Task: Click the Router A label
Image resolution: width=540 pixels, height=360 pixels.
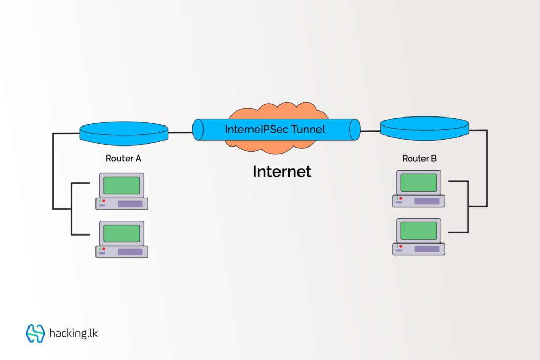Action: pos(123,158)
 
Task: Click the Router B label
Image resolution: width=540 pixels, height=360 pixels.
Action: pos(419,158)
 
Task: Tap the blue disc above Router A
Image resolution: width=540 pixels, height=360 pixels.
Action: pos(124,131)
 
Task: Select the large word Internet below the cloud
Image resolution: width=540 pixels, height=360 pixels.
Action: pos(282,171)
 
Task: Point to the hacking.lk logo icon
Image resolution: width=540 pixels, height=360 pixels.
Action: pos(35,333)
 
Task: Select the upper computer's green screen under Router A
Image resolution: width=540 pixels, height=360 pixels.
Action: pos(122,185)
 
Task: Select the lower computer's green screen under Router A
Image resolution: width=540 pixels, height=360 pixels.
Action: pos(122,233)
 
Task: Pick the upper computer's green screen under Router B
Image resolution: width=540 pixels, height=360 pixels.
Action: pos(419,182)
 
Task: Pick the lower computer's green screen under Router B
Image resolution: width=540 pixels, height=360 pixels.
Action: pos(419,230)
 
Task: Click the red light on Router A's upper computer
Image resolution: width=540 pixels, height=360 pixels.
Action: pos(104,201)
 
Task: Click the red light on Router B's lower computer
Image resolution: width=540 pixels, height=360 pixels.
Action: pos(401,246)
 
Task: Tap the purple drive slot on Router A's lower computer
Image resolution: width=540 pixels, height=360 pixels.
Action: pos(130,251)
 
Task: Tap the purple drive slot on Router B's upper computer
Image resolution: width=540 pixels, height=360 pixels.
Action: pos(427,201)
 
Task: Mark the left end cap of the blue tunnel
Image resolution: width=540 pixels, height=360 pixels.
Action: pos(198,130)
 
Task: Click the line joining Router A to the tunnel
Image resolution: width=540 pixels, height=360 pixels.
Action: pos(180,132)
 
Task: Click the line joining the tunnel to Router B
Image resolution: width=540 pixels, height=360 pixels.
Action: pos(371,131)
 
